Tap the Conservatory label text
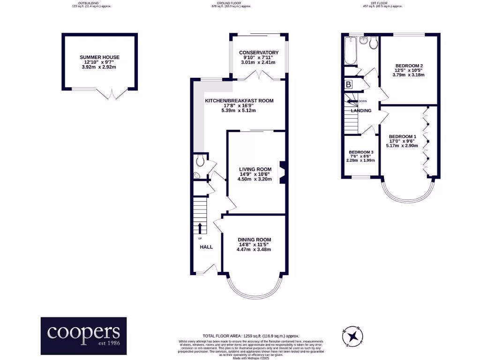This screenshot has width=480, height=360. click(258, 52)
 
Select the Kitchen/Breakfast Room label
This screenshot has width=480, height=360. click(239, 101)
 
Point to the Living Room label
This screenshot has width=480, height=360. click(255, 169)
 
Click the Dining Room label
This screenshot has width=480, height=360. click(254, 240)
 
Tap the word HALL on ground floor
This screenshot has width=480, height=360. click(206, 247)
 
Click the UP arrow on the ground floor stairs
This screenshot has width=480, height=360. click(200, 228)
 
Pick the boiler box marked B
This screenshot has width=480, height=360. click(348, 85)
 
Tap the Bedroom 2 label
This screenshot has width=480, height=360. click(409, 66)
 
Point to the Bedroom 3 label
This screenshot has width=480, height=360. click(361, 152)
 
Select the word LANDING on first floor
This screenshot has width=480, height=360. click(361, 111)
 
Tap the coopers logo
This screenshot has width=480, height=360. click(83, 335)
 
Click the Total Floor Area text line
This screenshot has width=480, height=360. click(250, 336)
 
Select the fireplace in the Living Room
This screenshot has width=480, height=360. click(282, 172)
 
